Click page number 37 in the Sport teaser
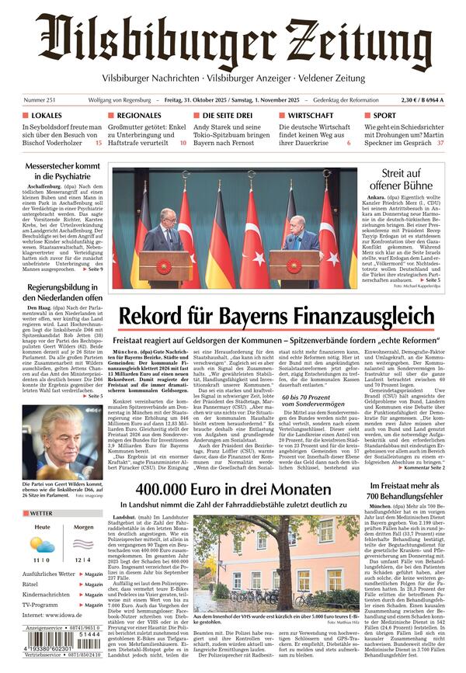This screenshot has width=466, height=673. click(x=440, y=144)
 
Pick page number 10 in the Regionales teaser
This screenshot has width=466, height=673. click(x=183, y=144)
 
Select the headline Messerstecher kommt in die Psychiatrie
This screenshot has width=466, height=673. click(x=63, y=172)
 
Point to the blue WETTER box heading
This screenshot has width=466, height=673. click(x=43, y=514)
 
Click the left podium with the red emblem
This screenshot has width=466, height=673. click(x=164, y=267)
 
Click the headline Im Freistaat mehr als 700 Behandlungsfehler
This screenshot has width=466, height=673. click(x=405, y=491)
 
